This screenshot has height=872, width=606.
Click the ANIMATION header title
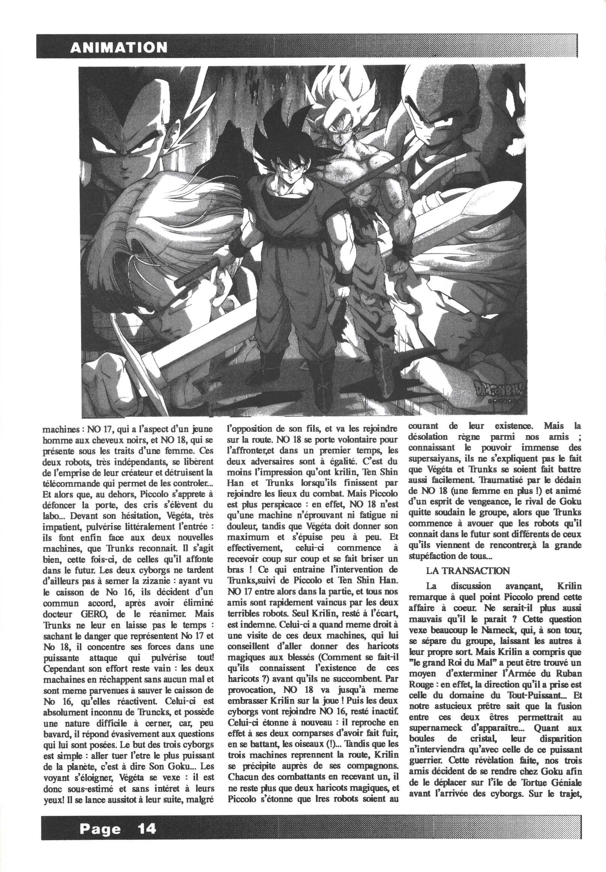click(119, 47)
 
